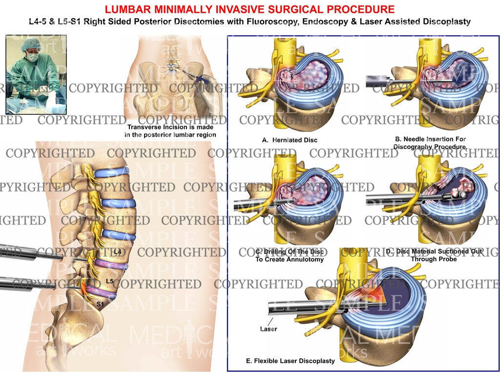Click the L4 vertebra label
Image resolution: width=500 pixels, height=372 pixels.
click(117, 251)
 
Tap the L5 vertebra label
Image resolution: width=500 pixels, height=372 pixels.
click(109, 282)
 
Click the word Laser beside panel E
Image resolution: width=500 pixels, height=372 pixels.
click(268, 329)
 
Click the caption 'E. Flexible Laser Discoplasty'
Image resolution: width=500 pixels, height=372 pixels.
click(291, 361)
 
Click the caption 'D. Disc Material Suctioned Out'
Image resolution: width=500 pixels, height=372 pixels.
click(434, 255)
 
